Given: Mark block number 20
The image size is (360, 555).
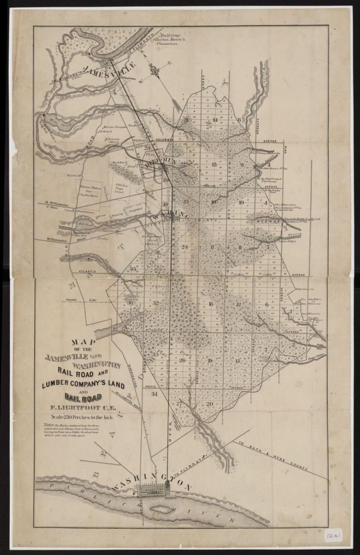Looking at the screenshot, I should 209,404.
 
